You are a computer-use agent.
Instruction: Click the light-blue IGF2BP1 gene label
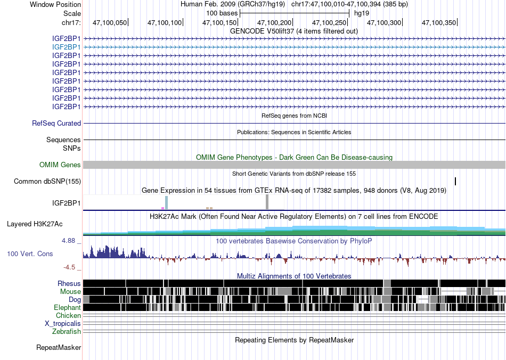click(x=67, y=47)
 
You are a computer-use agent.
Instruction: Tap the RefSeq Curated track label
click(x=56, y=123)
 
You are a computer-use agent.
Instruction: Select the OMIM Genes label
click(x=60, y=165)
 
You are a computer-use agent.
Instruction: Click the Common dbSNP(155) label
click(x=47, y=181)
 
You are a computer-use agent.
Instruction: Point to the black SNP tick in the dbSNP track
click(x=455, y=181)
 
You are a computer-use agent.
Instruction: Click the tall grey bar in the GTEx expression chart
click(x=267, y=202)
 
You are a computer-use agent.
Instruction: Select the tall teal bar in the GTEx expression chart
click(x=167, y=202)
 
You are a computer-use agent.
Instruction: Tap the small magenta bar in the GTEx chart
click(x=162, y=208)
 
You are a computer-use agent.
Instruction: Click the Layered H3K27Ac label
click(x=35, y=224)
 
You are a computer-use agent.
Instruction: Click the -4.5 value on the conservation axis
click(x=69, y=267)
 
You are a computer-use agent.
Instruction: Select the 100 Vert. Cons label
click(x=30, y=254)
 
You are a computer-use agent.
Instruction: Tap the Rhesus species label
click(x=69, y=283)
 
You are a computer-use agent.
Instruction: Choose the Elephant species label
click(x=68, y=307)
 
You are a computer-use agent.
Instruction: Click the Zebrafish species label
click(x=67, y=332)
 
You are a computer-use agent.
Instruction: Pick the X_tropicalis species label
click(x=63, y=324)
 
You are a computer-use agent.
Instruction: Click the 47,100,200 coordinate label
click(x=274, y=22)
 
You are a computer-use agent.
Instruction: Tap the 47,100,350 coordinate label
click(x=439, y=22)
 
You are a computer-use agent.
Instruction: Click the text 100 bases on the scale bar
click(x=222, y=13)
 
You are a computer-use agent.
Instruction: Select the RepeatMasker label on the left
click(x=59, y=347)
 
